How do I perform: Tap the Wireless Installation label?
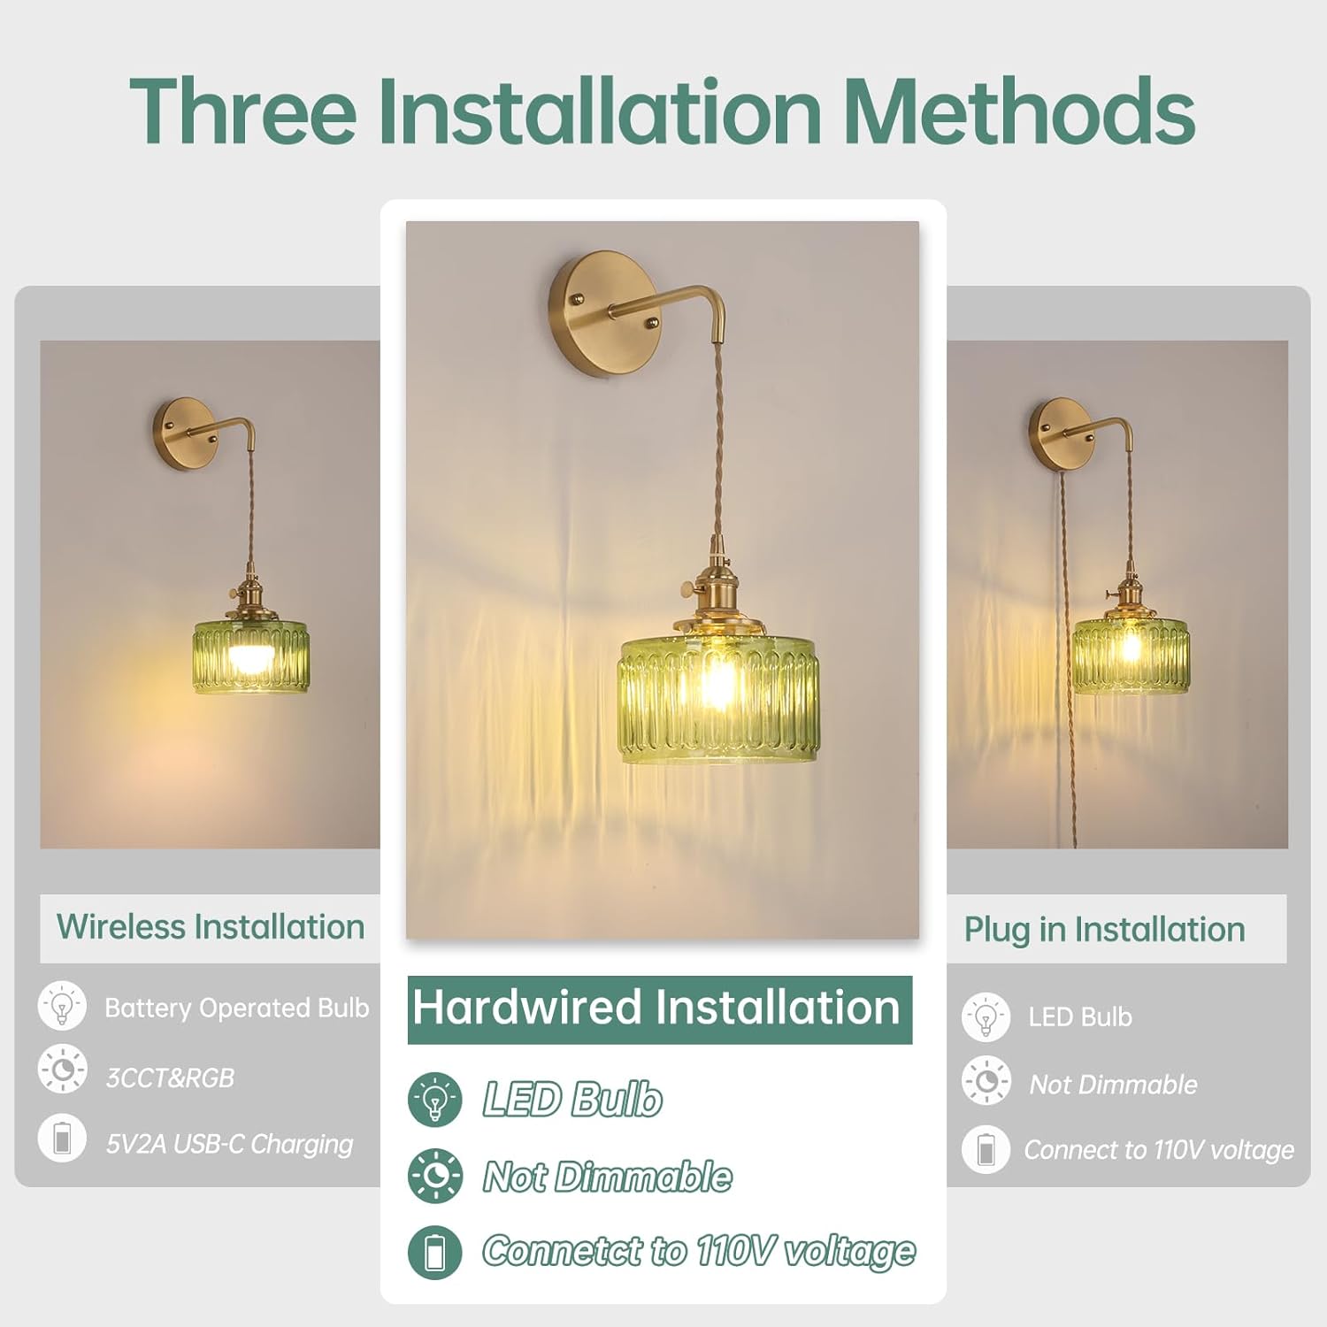pyautogui.click(x=211, y=927)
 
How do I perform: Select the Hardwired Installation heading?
pyautogui.click(x=656, y=1008)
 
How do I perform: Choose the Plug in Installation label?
pyautogui.click(x=1105, y=930)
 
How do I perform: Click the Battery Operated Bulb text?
pyautogui.click(x=237, y=1008)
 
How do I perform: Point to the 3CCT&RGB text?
pyautogui.click(x=170, y=1078)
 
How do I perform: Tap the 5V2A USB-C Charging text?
pyautogui.click(x=229, y=1144)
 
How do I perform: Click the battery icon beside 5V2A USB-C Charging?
pyautogui.click(x=62, y=1138)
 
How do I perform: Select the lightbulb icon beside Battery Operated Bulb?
pyautogui.click(x=62, y=1006)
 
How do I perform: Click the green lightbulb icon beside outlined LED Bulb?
pyautogui.click(x=435, y=1100)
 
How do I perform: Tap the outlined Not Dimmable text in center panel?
pyautogui.click(x=608, y=1177)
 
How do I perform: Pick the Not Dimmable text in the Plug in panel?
pyautogui.click(x=1113, y=1085)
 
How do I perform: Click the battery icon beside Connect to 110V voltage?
pyautogui.click(x=986, y=1150)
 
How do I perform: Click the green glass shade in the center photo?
pyautogui.click(x=718, y=698)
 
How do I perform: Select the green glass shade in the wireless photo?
pyautogui.click(x=251, y=656)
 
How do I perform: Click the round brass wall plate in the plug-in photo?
pyautogui.click(x=1062, y=434)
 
